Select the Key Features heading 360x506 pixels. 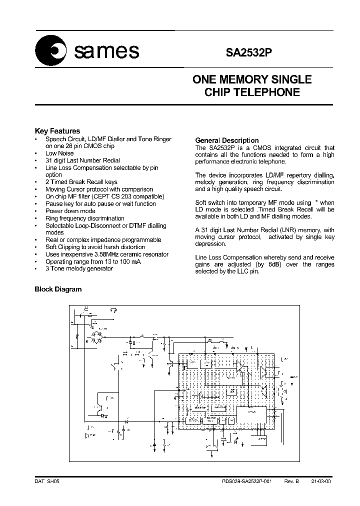pos(57,131)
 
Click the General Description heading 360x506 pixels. pos(226,140)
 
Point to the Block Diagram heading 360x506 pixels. pos(57,289)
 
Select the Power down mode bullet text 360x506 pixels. pos(70,211)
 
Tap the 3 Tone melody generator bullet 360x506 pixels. pos(79,268)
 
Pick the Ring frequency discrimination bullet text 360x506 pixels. pos(84,218)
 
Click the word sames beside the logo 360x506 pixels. pos(106,50)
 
